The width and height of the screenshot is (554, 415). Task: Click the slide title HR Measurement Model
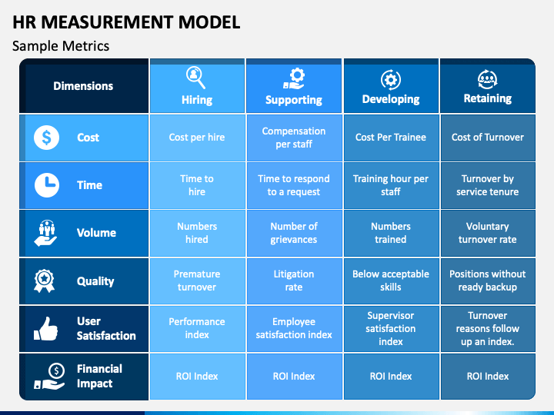click(x=126, y=22)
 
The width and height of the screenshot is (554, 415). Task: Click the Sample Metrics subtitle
click(x=61, y=46)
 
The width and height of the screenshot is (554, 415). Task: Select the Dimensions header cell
click(x=83, y=86)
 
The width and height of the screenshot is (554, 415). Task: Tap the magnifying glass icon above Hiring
click(x=196, y=77)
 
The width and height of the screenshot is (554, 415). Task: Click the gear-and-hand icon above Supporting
click(x=294, y=77)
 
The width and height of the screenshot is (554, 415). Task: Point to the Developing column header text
click(x=391, y=99)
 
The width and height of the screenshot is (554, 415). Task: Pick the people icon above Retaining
click(x=488, y=78)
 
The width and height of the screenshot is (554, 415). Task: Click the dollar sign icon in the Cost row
click(x=47, y=138)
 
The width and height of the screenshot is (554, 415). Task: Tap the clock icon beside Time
click(x=47, y=185)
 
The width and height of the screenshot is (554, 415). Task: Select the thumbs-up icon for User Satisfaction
click(x=46, y=329)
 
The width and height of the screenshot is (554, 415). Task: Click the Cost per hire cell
click(x=197, y=138)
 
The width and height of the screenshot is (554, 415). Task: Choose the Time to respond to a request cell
click(x=294, y=185)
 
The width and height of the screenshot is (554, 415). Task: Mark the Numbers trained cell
click(x=391, y=233)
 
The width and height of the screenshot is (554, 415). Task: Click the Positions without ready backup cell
click(x=488, y=281)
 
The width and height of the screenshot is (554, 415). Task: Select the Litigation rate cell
click(x=294, y=281)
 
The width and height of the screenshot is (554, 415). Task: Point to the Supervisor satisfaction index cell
click(x=391, y=328)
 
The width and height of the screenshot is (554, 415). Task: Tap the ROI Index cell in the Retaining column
click(x=488, y=376)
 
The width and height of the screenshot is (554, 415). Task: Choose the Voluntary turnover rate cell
click(x=488, y=233)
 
